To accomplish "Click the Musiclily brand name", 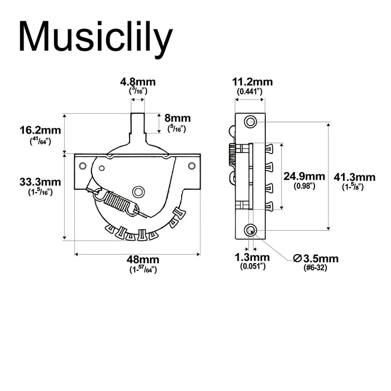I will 94,38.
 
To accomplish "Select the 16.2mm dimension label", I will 40,131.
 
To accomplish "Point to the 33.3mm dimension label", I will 40,182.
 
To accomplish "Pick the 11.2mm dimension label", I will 249,82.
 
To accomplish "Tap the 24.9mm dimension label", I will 304,176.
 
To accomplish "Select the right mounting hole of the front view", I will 192,165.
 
